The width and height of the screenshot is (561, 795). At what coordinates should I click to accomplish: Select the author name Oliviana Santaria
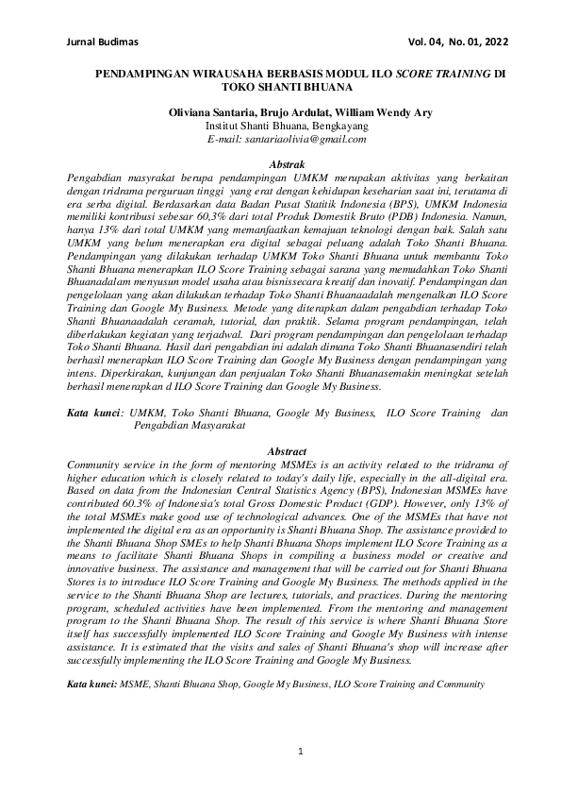click(x=208, y=112)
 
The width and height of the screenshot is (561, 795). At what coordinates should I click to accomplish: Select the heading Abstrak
click(x=286, y=163)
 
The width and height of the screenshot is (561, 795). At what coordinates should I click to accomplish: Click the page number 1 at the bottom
click(x=299, y=752)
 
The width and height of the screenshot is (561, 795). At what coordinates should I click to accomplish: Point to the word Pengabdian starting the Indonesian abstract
click(x=97, y=178)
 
